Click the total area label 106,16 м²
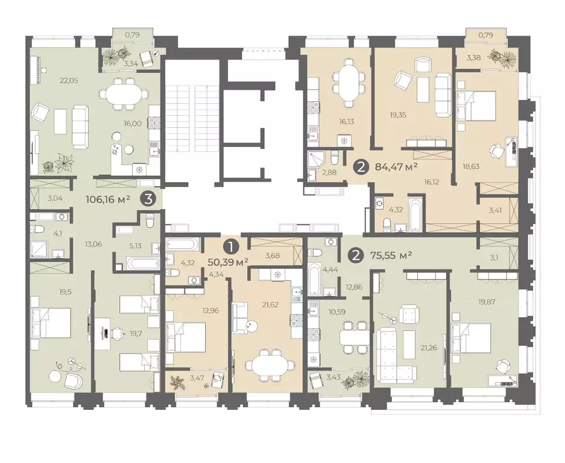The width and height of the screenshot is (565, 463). [x=108, y=199]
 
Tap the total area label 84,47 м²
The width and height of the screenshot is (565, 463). [x=396, y=167]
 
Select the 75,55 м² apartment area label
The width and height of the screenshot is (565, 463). [x=391, y=256]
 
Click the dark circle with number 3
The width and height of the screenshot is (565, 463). [x=150, y=199]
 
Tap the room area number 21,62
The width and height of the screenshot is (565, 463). [x=270, y=305]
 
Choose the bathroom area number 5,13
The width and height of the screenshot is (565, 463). [x=136, y=246]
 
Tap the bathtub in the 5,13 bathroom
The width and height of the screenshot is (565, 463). [x=142, y=262]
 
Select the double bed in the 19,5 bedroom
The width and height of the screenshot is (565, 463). [x=51, y=323]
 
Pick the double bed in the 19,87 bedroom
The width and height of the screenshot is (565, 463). [x=471, y=338]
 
